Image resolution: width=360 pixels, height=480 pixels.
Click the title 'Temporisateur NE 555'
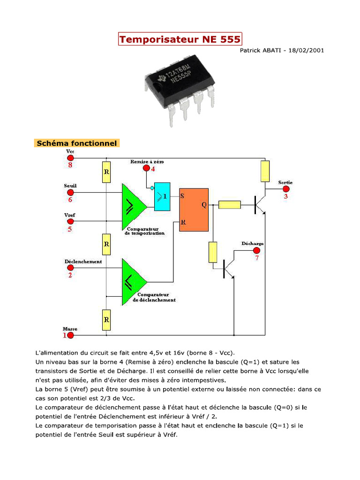tap(180, 39)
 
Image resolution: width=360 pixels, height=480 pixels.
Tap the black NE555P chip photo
tap(180, 89)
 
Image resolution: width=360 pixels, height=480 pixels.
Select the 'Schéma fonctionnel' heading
tap(76, 143)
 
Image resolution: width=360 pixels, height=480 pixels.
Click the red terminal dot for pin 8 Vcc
tap(70, 158)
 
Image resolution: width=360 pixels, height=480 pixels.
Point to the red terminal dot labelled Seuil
tap(70, 192)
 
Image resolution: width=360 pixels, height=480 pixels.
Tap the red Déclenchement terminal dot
tap(70, 268)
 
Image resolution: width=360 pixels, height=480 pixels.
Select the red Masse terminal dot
tap(70, 336)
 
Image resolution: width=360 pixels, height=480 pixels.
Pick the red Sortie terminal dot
tap(285, 189)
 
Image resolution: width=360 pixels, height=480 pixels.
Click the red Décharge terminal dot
tap(256, 250)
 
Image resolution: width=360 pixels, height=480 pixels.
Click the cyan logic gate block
tap(162, 196)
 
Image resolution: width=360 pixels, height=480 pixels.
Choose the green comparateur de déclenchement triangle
tap(133, 282)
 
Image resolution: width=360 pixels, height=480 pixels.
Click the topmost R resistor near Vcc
tap(106, 172)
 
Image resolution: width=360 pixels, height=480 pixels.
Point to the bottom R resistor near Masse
tap(106, 320)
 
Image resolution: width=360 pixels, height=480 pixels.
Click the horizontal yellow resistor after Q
tap(230, 204)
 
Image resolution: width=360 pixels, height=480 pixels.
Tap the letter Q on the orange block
tap(203, 205)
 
